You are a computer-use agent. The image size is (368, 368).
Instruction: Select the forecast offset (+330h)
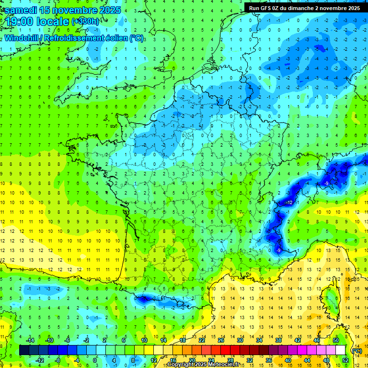(85, 22)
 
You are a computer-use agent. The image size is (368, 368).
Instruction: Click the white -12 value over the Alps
(289, 203)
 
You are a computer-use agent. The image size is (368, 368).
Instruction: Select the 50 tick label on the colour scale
(336, 340)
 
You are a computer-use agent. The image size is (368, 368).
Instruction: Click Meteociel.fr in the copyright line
(222, 365)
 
